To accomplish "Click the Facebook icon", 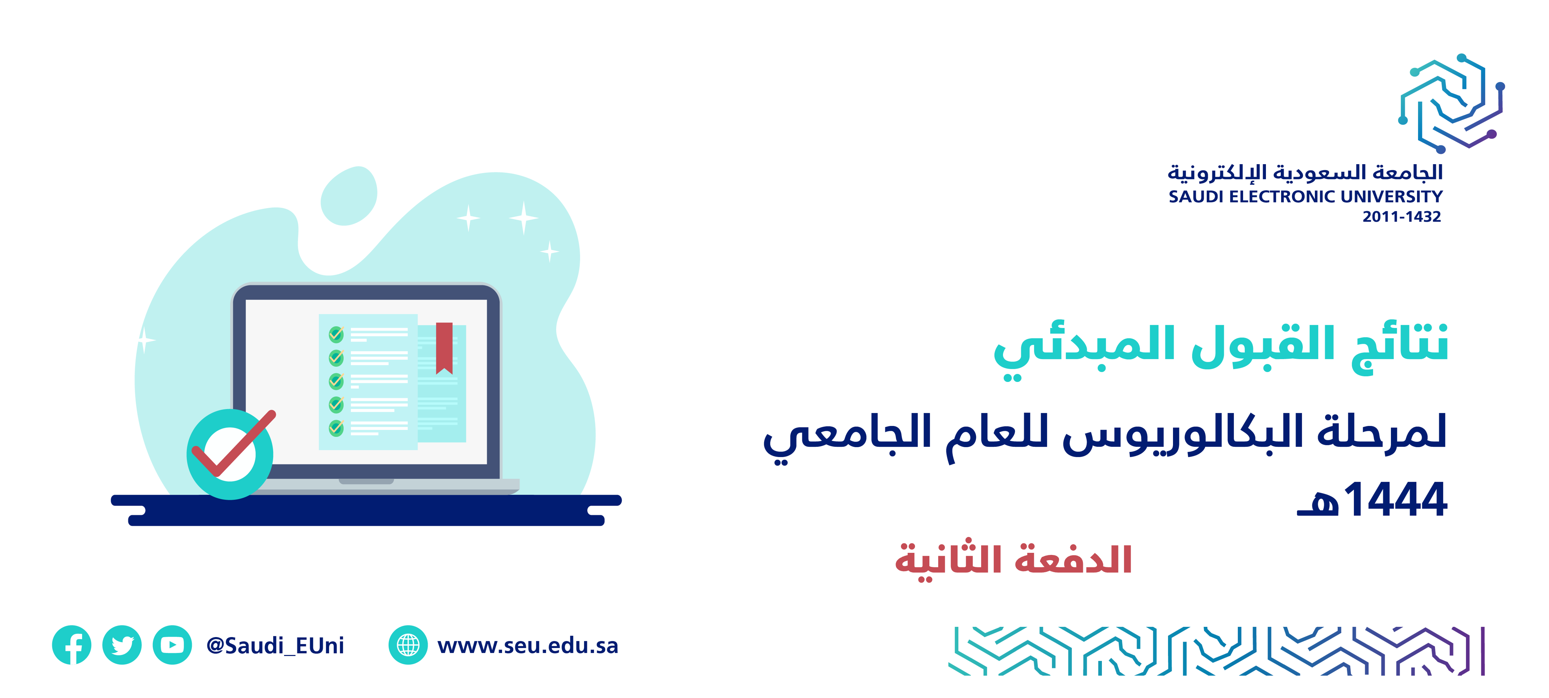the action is click(x=71, y=645).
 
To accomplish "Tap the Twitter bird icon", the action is click(x=122, y=645).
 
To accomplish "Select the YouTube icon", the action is click(x=173, y=645).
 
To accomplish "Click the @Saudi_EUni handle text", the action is click(x=275, y=646).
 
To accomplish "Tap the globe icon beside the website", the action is click(x=408, y=645).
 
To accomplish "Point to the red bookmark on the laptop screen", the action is click(x=444, y=348).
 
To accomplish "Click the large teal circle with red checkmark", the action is click(x=230, y=454).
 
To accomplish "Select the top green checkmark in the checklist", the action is click(x=336, y=334).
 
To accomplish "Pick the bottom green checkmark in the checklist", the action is click(x=336, y=428).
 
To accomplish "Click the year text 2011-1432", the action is click(x=1402, y=217).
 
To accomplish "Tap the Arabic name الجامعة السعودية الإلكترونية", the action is click(x=1305, y=173).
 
